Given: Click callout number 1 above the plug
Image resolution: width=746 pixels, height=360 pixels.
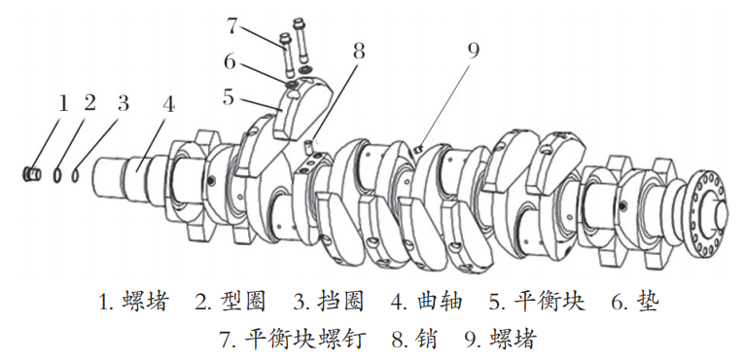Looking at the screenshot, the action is point(63,103).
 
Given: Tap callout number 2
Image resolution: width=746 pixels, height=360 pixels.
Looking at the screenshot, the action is point(89,103).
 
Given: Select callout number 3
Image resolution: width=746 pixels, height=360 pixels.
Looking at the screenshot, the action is point(123,103).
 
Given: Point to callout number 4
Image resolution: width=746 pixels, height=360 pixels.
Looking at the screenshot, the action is point(167,104).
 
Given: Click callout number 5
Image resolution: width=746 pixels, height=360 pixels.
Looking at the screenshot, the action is point(230,96).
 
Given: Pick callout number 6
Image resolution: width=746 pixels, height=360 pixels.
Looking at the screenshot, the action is point(231,61).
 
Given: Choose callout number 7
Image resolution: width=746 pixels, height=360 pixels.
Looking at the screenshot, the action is point(231,25).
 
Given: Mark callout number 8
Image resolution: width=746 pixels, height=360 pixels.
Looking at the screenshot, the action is point(359,51).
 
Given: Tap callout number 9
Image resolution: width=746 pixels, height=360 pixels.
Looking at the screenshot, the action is point(473,51).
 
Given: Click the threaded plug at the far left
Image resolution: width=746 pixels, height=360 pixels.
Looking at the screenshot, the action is point(32,174).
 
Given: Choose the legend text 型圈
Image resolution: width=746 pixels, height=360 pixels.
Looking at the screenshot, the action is point(242,303).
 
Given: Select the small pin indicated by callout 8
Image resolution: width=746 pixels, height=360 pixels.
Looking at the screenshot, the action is point(308,146).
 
